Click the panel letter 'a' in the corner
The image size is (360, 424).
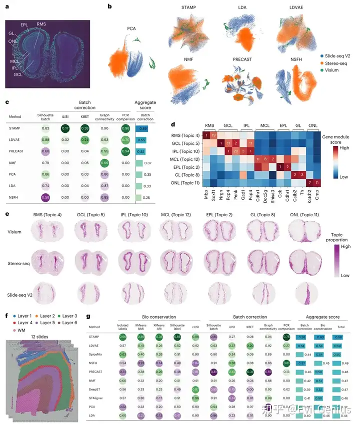click(6, 6)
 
